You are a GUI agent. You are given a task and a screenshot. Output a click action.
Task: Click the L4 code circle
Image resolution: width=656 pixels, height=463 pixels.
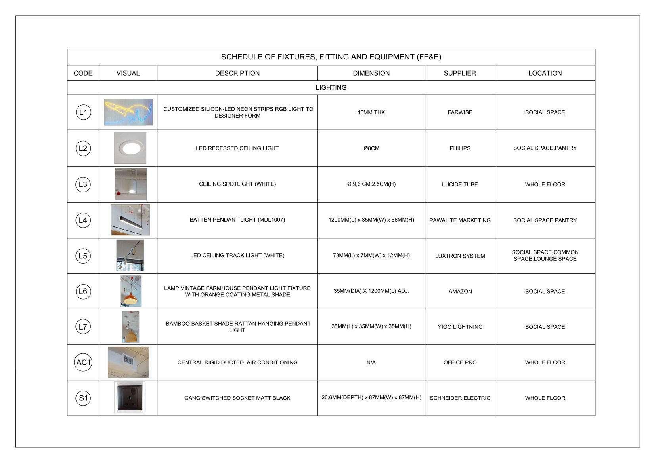[83, 220]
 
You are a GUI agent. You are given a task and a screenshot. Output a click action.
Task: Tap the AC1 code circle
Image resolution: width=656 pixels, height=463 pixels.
[83, 362]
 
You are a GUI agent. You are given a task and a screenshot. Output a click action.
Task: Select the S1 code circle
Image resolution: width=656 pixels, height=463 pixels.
[83, 398]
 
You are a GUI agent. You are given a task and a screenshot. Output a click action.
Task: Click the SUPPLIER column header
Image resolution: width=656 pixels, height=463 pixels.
[460, 73]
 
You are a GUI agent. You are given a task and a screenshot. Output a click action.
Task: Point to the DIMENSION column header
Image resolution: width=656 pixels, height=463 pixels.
[371, 73]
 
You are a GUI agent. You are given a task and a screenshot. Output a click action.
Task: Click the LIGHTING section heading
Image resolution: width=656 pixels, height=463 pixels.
[331, 87]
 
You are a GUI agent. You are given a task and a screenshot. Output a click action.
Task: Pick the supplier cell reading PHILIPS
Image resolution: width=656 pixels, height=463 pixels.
[460, 148]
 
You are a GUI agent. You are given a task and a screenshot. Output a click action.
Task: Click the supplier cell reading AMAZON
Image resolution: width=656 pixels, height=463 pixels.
[460, 292]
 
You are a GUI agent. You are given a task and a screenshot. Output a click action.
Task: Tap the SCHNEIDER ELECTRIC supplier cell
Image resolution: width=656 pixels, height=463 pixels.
[460, 398]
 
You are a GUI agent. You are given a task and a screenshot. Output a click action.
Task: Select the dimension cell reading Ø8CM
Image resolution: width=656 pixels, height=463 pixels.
[371, 148]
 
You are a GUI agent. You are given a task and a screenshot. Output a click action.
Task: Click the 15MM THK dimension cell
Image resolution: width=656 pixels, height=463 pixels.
[371, 112]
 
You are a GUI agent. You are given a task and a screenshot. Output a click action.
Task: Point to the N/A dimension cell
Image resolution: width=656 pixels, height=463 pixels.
[371, 362]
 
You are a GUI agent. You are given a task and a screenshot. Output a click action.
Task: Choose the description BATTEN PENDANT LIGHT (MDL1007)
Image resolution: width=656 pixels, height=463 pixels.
[237, 220]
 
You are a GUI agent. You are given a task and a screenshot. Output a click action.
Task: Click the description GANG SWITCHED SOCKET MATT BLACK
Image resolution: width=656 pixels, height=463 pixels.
[237, 398]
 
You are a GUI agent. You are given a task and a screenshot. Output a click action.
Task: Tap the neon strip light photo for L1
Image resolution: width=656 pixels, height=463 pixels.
[128, 112]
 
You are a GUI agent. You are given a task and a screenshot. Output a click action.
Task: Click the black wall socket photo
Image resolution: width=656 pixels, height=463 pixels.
[130, 397]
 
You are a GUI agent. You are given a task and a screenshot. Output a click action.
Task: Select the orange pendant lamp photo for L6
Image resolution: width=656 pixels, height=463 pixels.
[130, 292]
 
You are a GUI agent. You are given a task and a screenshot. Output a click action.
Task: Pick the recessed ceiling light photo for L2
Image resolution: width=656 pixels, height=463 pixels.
[130, 148]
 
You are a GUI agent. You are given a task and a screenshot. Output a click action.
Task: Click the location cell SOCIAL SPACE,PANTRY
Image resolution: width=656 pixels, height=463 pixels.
[545, 148]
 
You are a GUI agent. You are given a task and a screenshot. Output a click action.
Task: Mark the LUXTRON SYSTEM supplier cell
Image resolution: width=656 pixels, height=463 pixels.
[460, 256]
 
